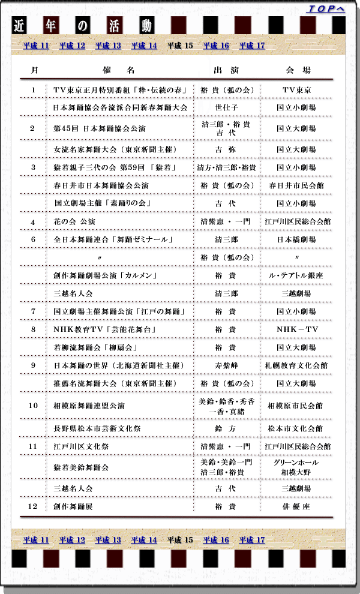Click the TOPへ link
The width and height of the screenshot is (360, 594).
click(x=325, y=8)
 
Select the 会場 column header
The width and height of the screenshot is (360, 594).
click(x=298, y=70)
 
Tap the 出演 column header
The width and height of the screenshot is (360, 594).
click(x=226, y=70)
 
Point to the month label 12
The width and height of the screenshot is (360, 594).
click(x=34, y=506)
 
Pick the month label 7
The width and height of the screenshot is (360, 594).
click(x=34, y=311)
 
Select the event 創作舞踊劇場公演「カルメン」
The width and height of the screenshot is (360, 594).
click(x=105, y=275)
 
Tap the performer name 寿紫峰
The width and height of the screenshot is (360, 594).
click(x=226, y=365)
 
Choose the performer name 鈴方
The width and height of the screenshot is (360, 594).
click(x=226, y=428)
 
